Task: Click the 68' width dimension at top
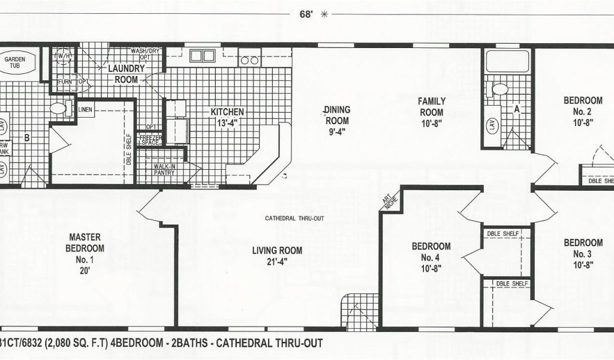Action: [306, 14]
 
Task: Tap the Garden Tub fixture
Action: [19, 63]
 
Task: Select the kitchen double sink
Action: [201, 56]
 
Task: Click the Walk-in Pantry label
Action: [164, 170]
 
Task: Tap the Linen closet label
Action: [85, 109]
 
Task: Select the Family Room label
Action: [431, 112]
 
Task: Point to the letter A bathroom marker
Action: [516, 109]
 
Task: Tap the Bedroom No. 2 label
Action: [582, 111]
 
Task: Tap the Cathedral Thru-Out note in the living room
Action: [294, 218]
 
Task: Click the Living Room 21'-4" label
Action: [276, 256]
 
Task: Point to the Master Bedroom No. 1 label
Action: [85, 248]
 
